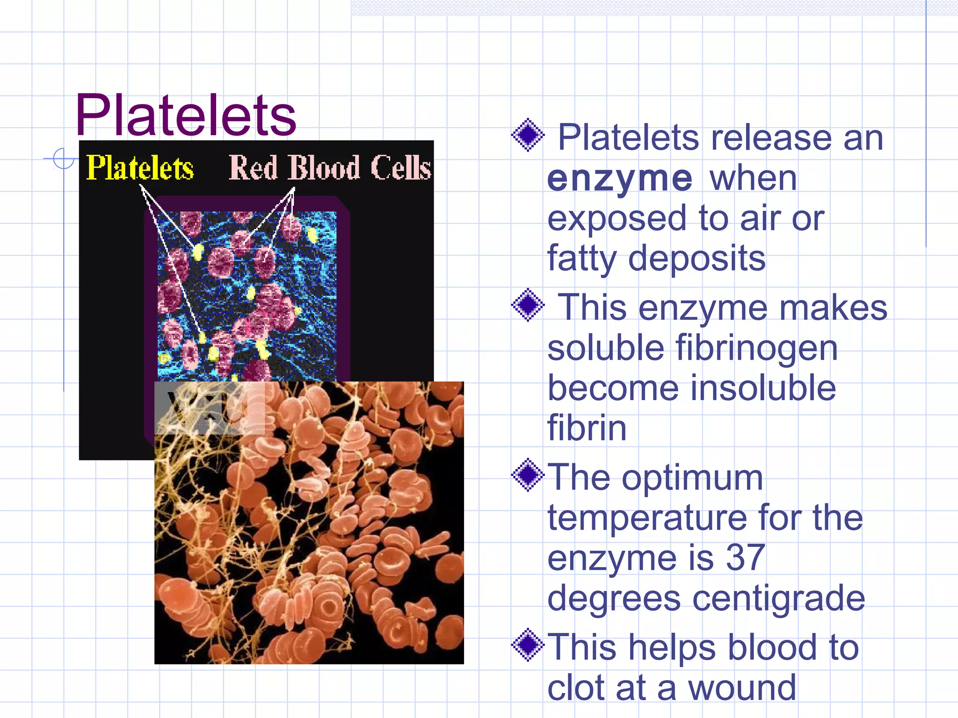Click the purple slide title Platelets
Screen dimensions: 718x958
click(x=186, y=115)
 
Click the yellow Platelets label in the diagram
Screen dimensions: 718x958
click(x=140, y=168)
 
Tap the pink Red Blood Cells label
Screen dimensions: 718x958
click(x=329, y=168)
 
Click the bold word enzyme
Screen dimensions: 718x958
click(x=619, y=179)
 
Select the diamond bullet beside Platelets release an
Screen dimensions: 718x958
click(x=528, y=135)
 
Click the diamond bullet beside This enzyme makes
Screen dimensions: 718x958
click(x=528, y=305)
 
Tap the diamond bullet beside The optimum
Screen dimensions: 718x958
click(x=528, y=475)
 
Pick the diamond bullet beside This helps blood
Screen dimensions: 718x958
click(x=528, y=645)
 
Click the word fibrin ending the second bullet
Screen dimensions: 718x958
click(x=587, y=428)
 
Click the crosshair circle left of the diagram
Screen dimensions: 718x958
click(x=64, y=158)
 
